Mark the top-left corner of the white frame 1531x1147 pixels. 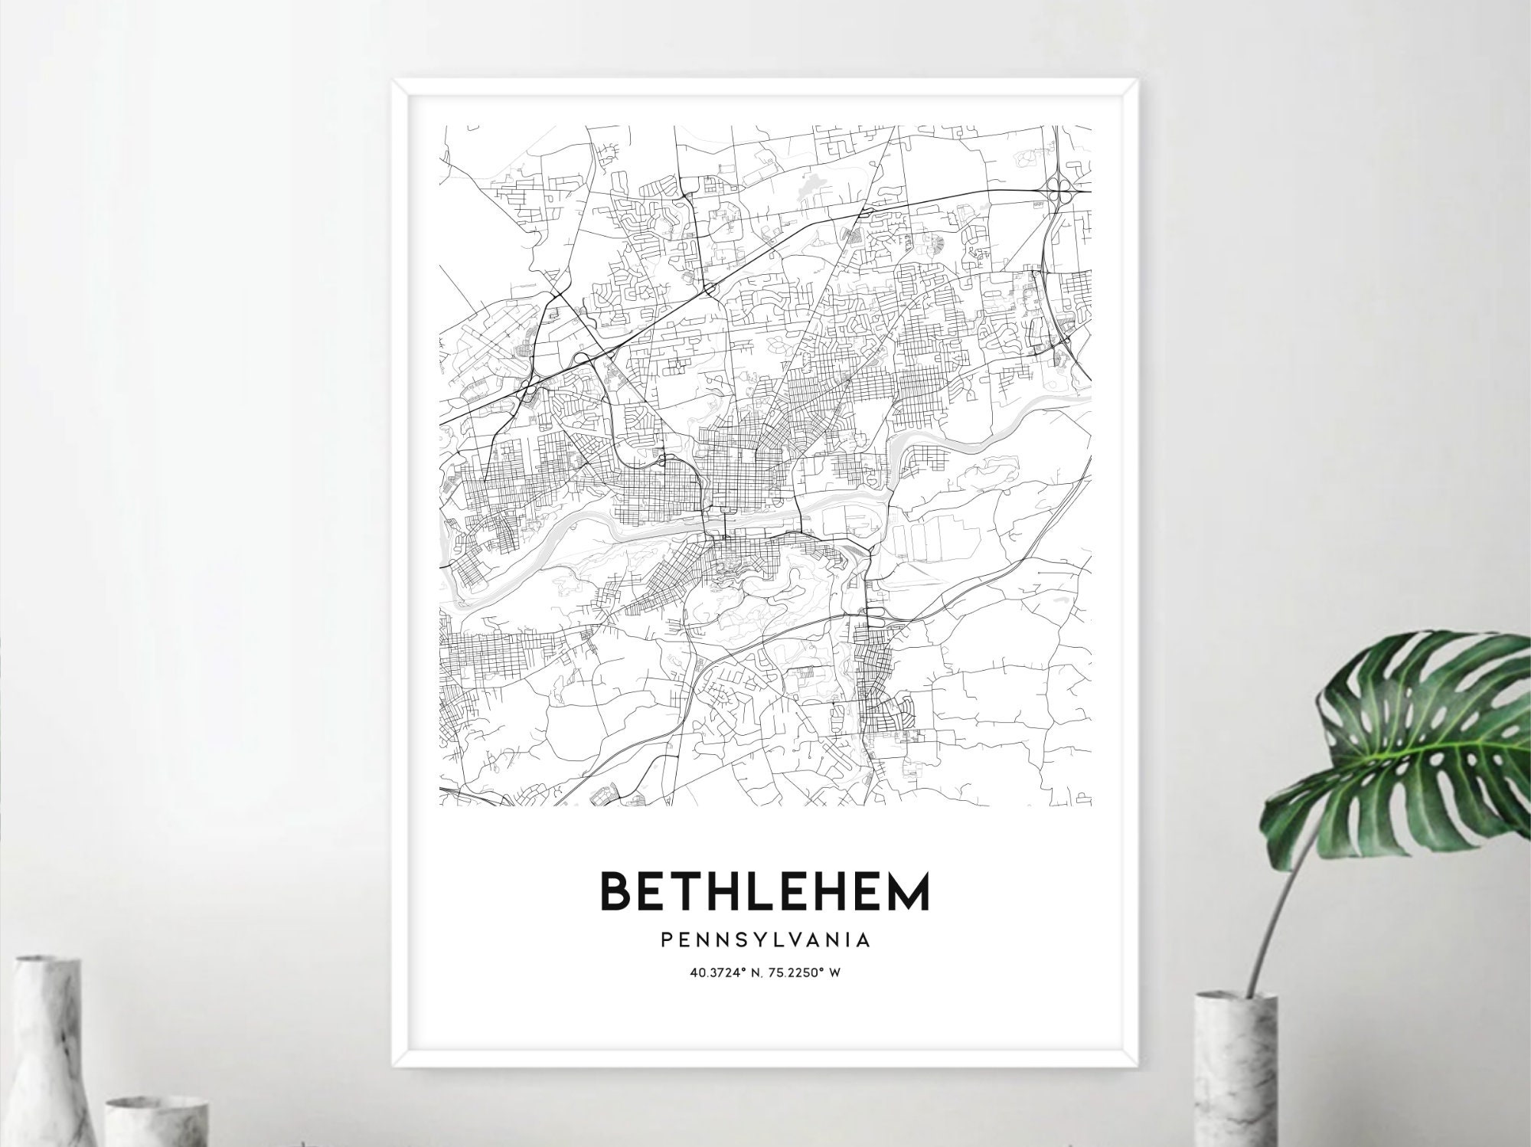[393, 80]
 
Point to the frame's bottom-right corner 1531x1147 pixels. [1140, 1066]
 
